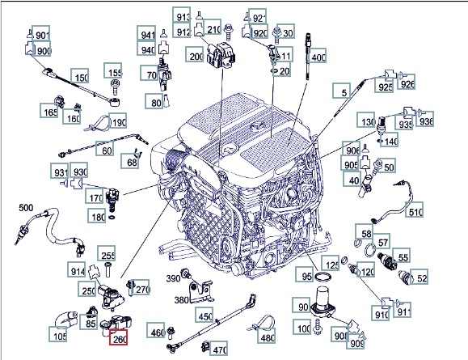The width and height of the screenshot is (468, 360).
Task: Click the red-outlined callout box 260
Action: (119, 337)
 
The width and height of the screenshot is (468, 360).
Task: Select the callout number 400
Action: (318, 56)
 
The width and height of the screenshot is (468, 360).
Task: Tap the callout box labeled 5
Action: (342, 91)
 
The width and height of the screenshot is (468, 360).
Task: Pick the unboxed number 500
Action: (26, 208)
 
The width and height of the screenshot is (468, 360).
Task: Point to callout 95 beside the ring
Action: (305, 274)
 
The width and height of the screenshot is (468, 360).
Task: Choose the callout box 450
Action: (204, 315)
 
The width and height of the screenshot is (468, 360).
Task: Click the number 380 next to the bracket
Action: (181, 299)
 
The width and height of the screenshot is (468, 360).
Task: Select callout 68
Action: (130, 161)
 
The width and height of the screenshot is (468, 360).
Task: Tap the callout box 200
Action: (194, 54)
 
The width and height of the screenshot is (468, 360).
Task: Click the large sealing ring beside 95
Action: (323, 277)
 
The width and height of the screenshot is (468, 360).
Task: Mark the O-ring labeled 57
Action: (370, 250)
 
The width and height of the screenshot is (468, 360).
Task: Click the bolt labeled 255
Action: (108, 269)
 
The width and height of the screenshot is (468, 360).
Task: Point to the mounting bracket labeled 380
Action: (201, 291)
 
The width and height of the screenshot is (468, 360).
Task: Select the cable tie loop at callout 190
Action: (98, 123)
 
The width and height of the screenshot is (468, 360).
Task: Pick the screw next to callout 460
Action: (171, 332)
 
